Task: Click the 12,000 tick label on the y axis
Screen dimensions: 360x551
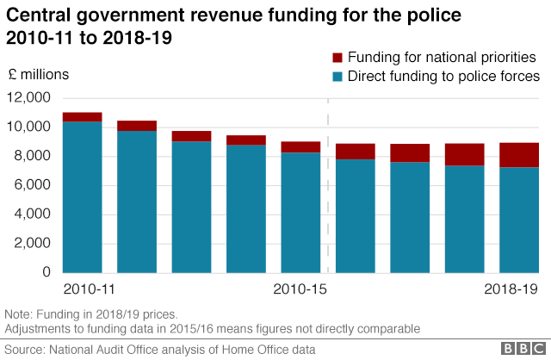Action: click(28, 98)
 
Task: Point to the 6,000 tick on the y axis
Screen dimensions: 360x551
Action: click(31, 185)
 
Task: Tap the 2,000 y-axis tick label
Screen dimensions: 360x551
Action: click(31, 244)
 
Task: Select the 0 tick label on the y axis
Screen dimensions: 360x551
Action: click(46, 273)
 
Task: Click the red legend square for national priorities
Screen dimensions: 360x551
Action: click(337, 58)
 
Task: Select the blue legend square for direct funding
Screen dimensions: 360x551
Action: click(337, 77)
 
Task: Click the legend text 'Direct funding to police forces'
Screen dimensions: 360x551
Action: click(443, 77)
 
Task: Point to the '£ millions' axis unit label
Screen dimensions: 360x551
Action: click(39, 75)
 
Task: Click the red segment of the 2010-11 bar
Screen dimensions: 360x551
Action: click(83, 117)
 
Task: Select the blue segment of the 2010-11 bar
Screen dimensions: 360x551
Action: click(83, 198)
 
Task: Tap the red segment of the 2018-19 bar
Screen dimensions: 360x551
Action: click(519, 155)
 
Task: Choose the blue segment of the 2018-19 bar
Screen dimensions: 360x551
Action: click(519, 220)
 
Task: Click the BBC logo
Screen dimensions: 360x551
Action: click(518, 349)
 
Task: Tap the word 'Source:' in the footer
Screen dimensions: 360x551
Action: click(25, 349)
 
